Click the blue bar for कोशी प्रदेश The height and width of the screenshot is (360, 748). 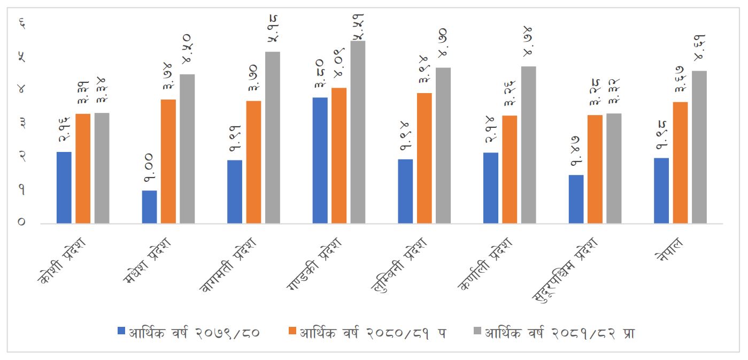coord(64,187)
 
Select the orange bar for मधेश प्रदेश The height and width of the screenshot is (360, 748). coord(168,161)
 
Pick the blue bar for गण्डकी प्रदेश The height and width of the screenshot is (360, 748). coord(320,160)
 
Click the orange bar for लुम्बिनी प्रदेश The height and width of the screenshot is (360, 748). coord(425,158)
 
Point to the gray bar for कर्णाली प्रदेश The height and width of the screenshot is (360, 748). coord(529,144)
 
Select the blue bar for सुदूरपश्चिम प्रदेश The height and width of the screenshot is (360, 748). coord(576,199)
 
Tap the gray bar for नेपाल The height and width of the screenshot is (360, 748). coord(699,147)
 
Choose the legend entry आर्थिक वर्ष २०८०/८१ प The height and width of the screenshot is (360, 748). coord(373,333)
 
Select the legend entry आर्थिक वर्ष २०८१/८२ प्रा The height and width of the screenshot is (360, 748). coord(559,333)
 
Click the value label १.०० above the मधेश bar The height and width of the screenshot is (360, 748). coord(149,173)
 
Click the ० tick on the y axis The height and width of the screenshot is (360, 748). coord(22,222)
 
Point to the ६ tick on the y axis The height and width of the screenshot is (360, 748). coord(22,22)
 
